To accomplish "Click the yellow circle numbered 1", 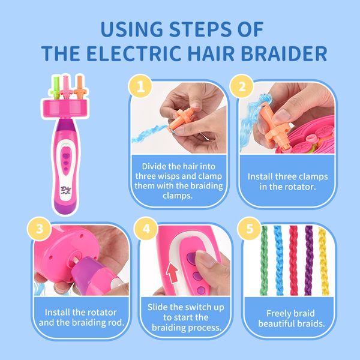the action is pyautogui.click(x=140, y=86).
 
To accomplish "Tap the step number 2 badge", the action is pyautogui.click(x=242, y=86).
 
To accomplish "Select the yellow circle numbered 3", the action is pyautogui.click(x=40, y=229).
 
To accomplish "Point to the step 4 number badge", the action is pyautogui.click(x=146, y=229).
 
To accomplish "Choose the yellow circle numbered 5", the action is pyautogui.click(x=250, y=229).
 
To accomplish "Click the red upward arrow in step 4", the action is pyautogui.click(x=172, y=273).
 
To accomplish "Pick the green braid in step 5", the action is pyautogui.click(x=264, y=260).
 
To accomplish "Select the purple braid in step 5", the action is pyautogui.click(x=308, y=260).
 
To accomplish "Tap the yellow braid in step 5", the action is pyautogui.click(x=323, y=261).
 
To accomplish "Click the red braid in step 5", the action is pyautogui.click(x=293, y=260).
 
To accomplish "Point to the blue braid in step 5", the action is pyautogui.click(x=278, y=260).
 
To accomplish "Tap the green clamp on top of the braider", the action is pyautogui.click(x=56, y=88).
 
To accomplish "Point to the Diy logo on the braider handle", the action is pyautogui.click(x=66, y=190).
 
